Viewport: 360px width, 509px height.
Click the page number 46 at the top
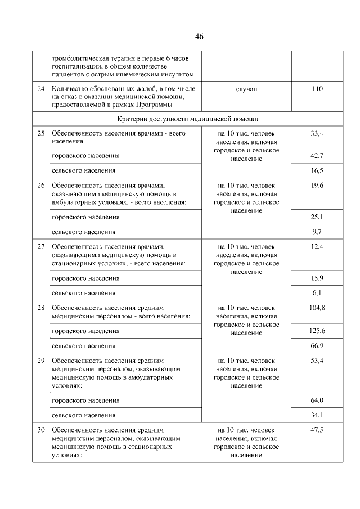[199, 37]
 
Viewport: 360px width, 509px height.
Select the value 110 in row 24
[317, 88]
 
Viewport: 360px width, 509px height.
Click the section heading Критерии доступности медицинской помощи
[188, 119]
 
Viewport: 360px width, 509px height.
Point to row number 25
[40, 133]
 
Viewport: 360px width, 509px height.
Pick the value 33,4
[317, 133]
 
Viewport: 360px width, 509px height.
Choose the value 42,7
[317, 155]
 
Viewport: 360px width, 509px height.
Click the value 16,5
[317, 170]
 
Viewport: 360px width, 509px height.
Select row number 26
[40, 184]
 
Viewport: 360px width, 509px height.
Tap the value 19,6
[317, 184]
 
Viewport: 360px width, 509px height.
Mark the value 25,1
[317, 217]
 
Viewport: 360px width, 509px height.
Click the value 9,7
[317, 231]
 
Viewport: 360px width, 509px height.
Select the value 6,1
[317, 292]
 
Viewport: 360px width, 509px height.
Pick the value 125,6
[317, 331]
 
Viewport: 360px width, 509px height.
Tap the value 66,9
[317, 345]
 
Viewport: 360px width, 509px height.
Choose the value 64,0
[317, 400]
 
